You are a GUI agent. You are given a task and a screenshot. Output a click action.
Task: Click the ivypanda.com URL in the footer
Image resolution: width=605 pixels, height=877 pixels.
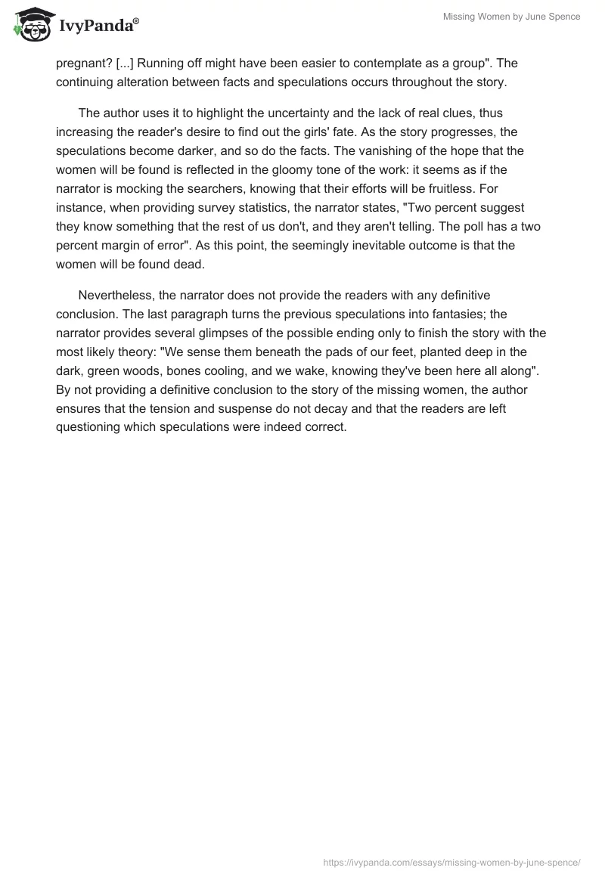click(x=451, y=862)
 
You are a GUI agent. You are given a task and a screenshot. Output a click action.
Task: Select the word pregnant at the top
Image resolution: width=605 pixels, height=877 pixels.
click(x=82, y=63)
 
